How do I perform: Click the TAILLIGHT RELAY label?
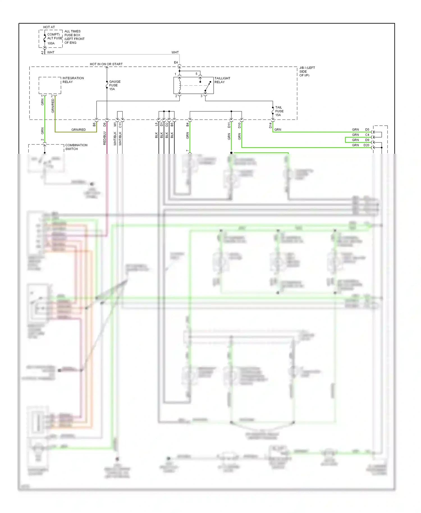pos(222,80)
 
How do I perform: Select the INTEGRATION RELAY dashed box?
pos(50,85)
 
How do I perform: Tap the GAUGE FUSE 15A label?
pos(115,85)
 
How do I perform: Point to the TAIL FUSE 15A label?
pos(279,111)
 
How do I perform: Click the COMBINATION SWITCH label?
pos(76,147)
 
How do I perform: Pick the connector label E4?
pos(176,63)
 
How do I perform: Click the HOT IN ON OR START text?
pos(106,64)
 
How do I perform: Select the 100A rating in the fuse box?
pos(51,43)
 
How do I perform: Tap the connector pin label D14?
pos(271,125)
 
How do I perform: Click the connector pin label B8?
pos(94,124)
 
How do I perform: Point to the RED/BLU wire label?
pos(105,138)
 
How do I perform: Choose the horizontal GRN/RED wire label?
pos(79,130)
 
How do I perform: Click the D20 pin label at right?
pos(366,145)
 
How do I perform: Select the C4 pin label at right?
pos(367,135)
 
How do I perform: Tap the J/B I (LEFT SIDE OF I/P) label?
pos(307,72)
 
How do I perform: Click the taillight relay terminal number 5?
pos(196,74)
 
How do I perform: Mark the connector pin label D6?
pos(105,124)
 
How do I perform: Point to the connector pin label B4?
pos(187,124)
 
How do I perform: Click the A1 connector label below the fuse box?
pos(43,52)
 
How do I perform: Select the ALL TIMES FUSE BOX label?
pos(74,37)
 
